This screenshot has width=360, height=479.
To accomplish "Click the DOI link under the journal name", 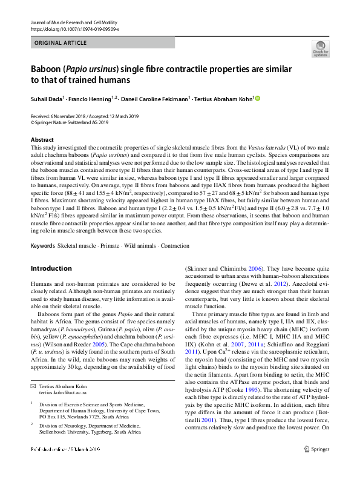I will pyautogui.click(x=74, y=28).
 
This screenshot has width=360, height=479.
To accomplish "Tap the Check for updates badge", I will pyautogui.click(x=320, y=49).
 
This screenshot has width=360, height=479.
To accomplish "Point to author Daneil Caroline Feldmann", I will pyautogui.click(x=155, y=98).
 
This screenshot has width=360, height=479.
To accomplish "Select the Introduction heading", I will pyautogui.click(x=51, y=268).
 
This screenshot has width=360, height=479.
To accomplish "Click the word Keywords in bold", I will pyautogui.click(x=42, y=245).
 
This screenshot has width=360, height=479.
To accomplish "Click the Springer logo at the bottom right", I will pyautogui.click(x=318, y=466).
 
